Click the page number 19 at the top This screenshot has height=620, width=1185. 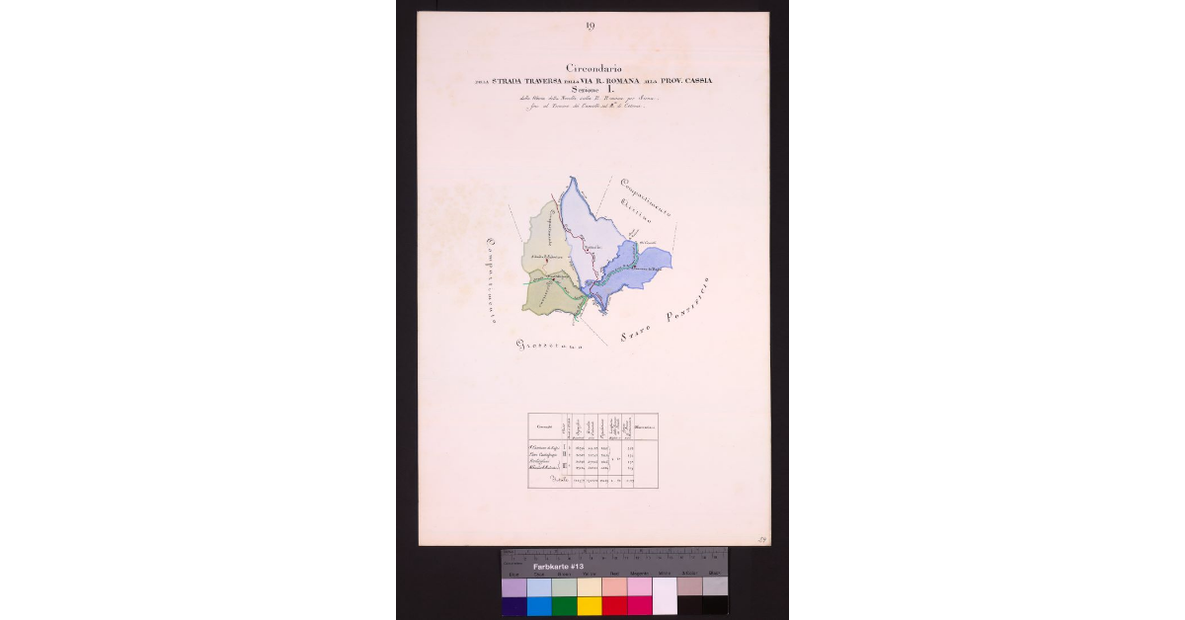tap(590, 27)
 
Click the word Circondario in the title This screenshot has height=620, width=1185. tap(592, 67)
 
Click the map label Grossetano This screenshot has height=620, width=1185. tap(549, 346)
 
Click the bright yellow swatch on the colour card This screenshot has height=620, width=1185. tap(589, 605)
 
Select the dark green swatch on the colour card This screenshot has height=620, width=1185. tap(564, 605)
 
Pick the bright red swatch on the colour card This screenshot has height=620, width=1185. tap(614, 605)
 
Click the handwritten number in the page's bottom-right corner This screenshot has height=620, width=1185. tap(762, 539)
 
